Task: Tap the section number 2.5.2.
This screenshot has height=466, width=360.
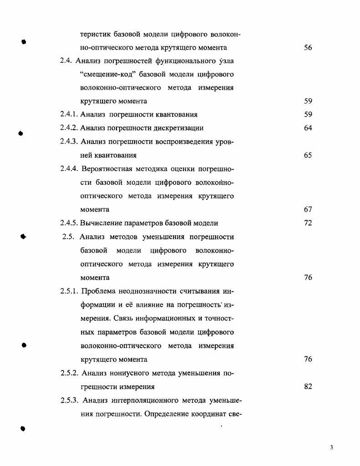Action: [x=70, y=373]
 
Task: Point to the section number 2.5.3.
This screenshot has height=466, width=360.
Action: [x=70, y=400]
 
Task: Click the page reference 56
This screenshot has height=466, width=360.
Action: [x=308, y=47]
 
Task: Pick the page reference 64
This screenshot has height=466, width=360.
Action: [x=308, y=128]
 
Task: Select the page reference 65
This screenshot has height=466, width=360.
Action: [x=308, y=156]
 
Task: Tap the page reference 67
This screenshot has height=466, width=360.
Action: [x=308, y=210]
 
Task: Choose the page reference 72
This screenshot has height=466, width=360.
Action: [x=308, y=223]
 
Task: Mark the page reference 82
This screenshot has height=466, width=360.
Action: [x=308, y=387]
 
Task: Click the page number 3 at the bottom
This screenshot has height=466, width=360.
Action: [x=332, y=447]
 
